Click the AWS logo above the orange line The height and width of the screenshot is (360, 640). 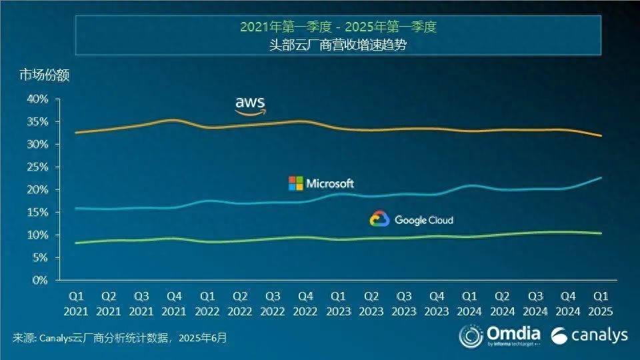(x=250, y=105)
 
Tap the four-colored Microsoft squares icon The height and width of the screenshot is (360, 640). (x=295, y=183)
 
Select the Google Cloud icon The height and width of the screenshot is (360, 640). (x=379, y=219)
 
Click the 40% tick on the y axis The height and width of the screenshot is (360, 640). (x=37, y=99)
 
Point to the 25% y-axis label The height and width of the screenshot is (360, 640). (x=37, y=167)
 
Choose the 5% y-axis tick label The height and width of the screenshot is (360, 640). (x=40, y=257)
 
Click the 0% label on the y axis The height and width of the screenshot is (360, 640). (x=40, y=280)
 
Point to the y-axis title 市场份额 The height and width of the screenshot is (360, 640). (x=44, y=75)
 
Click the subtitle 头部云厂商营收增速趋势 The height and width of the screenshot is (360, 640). (x=339, y=45)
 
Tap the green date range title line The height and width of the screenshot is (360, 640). (x=339, y=27)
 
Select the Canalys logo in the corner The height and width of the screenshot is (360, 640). (x=589, y=334)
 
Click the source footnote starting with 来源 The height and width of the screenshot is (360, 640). (x=120, y=339)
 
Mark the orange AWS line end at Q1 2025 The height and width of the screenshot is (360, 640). (x=601, y=136)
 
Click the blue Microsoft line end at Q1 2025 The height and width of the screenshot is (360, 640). (x=601, y=177)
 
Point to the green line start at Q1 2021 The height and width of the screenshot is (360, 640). (x=76, y=243)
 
